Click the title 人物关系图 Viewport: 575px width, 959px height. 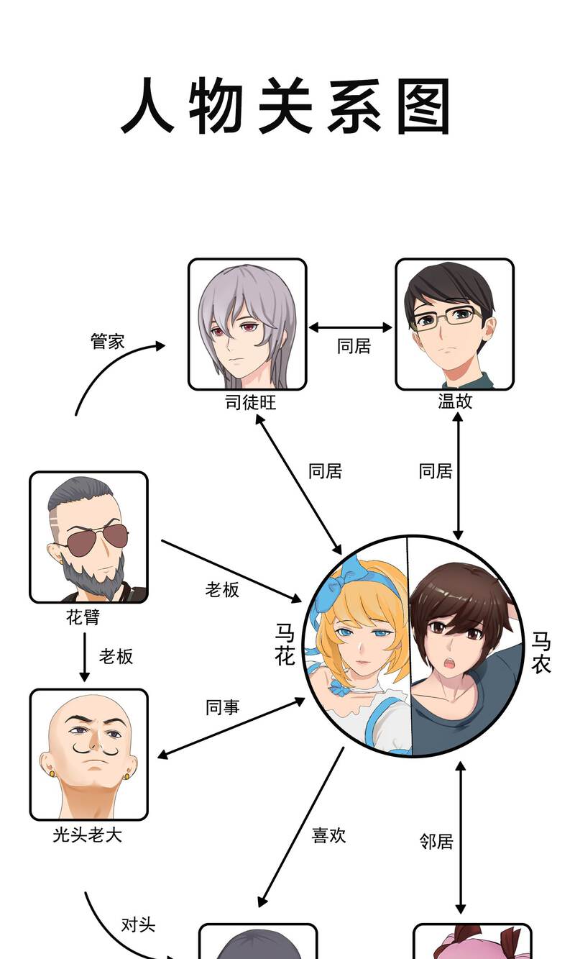pyautogui.click(x=286, y=106)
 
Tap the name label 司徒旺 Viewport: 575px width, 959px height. pyautogui.click(x=251, y=402)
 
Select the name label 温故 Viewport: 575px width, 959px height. pyautogui.click(x=455, y=401)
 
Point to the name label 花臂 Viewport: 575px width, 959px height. pyautogui.click(x=83, y=617)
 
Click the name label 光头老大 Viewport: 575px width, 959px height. pyautogui.click(x=88, y=835)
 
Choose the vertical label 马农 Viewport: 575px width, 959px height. pyautogui.click(x=541, y=652)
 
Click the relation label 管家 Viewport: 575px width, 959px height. pyautogui.click(x=107, y=341)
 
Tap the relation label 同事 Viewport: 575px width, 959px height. pyautogui.click(x=223, y=707)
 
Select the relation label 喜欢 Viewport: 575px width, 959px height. pyautogui.click(x=328, y=835)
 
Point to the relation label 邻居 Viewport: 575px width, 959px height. pyautogui.click(x=436, y=841)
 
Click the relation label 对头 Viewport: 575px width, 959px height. pyautogui.click(x=138, y=924)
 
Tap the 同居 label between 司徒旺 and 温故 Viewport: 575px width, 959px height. pyautogui.click(x=354, y=346)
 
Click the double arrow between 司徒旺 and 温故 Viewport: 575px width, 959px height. pyautogui.click(x=350, y=327)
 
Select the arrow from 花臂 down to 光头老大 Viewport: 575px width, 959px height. pyautogui.click(x=85, y=657)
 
